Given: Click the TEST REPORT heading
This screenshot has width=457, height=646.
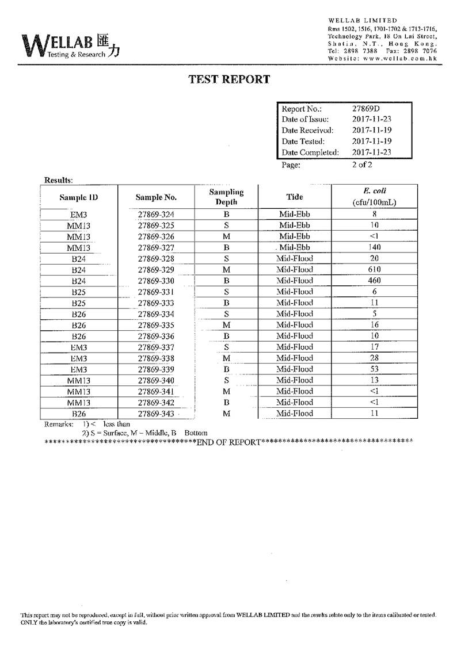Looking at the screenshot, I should click(229, 79).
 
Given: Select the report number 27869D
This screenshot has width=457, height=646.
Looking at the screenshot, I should click(367, 109).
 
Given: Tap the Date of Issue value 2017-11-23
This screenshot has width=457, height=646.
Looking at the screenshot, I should click(372, 120).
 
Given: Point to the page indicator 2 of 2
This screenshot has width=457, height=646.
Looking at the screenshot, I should click(362, 165).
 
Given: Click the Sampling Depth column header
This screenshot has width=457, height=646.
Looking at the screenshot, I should click(226, 197).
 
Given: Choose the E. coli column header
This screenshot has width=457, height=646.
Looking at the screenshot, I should click(374, 197).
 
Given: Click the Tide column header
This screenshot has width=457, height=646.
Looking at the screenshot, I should click(295, 197).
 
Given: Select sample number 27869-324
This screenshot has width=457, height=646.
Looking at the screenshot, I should click(156, 215).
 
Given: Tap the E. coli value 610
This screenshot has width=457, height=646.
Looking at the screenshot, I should click(374, 270).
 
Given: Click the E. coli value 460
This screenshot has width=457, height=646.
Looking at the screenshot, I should click(374, 281).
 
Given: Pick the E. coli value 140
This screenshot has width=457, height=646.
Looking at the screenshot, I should click(374, 247).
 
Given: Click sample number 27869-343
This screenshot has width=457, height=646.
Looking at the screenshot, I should click(156, 414).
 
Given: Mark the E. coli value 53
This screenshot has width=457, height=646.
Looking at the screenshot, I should click(374, 369).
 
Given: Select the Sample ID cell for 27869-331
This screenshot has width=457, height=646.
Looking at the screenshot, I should click(79, 292).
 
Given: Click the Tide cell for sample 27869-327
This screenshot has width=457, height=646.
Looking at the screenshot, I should click(295, 247).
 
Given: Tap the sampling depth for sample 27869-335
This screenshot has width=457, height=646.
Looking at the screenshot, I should click(226, 325).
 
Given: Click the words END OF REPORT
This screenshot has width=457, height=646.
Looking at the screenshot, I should click(228, 442).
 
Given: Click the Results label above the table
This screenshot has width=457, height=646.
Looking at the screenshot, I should click(58, 180).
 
